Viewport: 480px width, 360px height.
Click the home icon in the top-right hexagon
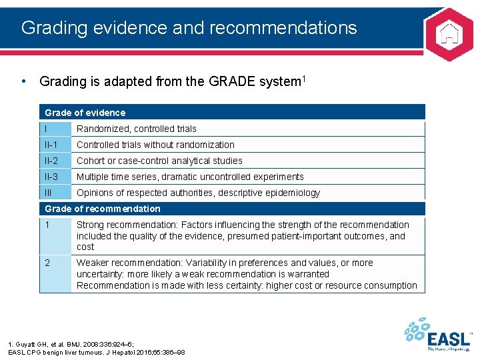point(450,33)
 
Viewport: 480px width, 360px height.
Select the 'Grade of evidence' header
point(85,113)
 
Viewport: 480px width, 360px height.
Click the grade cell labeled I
point(55,129)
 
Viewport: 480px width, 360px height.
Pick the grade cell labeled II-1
point(55,145)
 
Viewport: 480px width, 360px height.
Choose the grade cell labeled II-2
point(55,161)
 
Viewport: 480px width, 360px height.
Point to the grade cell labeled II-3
point(55,177)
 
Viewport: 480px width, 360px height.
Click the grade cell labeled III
point(55,193)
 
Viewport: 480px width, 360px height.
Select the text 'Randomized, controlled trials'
point(136,129)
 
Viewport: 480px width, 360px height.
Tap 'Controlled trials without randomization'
point(155,145)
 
